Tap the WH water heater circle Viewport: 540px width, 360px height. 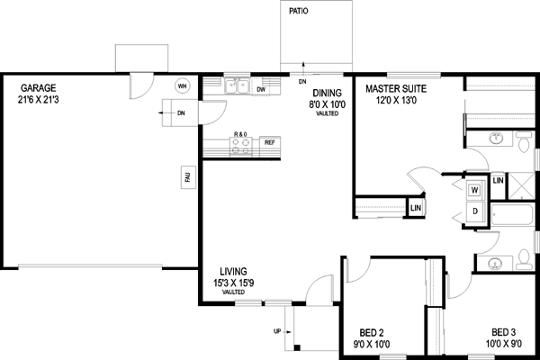pyautogui.click(x=183, y=86)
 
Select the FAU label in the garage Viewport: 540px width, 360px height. pyautogui.click(x=188, y=179)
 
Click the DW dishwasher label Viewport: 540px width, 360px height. pyautogui.click(x=260, y=90)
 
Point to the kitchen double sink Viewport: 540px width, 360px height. pyautogui.click(x=238, y=87)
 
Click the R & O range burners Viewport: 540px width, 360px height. pyautogui.click(x=240, y=147)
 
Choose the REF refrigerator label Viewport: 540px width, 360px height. pyautogui.click(x=268, y=142)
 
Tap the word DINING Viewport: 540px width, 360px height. pyautogui.click(x=327, y=93)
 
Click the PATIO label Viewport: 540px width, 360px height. pyautogui.click(x=300, y=13)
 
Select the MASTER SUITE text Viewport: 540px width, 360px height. pyautogui.click(x=396, y=89)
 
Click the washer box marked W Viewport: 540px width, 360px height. pyautogui.click(x=475, y=191)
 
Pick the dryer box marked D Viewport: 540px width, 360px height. pyautogui.click(x=475, y=211)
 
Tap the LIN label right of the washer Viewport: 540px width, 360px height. pyautogui.click(x=498, y=181)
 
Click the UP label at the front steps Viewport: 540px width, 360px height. pyautogui.click(x=276, y=331)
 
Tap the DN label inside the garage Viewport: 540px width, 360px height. pyautogui.click(x=182, y=113)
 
